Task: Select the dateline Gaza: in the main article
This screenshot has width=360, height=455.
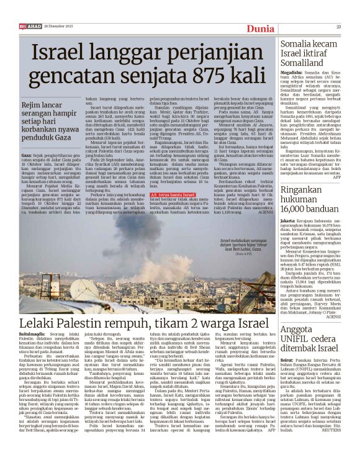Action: pos(27,151)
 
